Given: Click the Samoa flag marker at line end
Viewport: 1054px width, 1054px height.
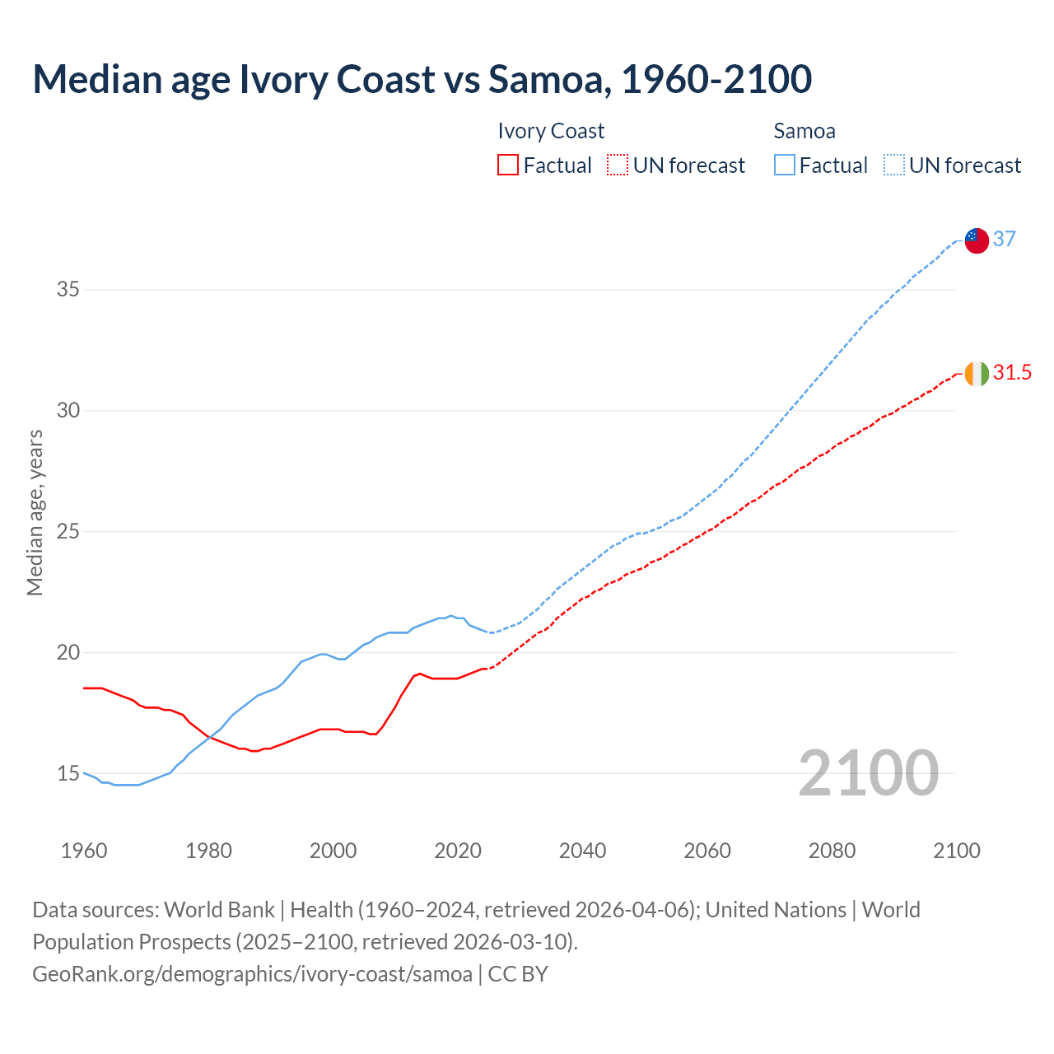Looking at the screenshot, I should click(976, 240).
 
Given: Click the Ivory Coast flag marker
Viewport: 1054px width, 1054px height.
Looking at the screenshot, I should click(976, 373).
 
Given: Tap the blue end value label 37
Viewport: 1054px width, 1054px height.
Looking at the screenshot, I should click(1004, 239).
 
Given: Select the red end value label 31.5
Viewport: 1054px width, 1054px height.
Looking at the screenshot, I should click(1012, 372).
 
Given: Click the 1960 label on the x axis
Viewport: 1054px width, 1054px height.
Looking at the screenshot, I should click(84, 851).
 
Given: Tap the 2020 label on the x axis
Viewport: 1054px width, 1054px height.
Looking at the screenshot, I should click(458, 851).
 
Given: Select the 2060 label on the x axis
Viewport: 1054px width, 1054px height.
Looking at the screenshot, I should click(707, 851).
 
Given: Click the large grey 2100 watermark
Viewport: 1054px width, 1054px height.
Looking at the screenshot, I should click(868, 772).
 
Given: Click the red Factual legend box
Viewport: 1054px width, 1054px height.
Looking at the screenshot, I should click(508, 166).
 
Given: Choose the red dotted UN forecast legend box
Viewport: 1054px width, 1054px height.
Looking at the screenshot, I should click(618, 166).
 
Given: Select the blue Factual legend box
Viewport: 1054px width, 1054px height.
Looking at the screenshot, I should click(785, 166).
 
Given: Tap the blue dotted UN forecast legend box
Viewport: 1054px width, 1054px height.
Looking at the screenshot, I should click(893, 166).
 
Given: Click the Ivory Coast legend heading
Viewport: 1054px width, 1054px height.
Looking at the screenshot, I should click(551, 131).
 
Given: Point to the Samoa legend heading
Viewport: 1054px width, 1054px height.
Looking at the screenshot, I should click(804, 131).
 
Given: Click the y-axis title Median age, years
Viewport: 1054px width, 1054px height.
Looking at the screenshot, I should click(35, 512).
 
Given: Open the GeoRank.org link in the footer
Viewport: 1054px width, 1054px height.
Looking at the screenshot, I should click(252, 973).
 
